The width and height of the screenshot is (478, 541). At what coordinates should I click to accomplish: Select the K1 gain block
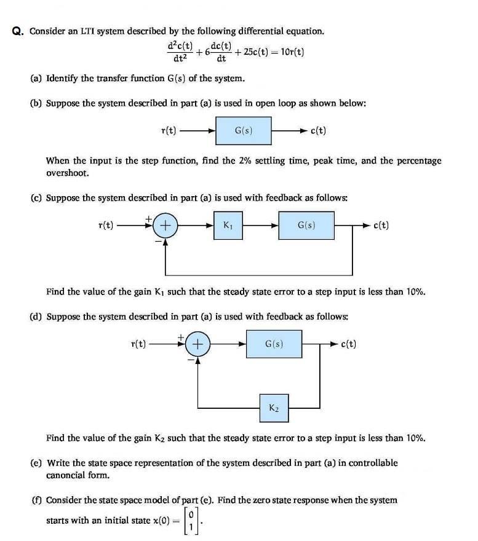228,226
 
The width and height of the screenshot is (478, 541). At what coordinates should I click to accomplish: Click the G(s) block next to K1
306,226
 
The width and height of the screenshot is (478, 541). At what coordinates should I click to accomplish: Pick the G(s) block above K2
274,344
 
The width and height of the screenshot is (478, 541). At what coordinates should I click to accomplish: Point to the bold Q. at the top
18,31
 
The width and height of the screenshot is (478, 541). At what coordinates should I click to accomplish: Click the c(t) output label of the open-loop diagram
318,131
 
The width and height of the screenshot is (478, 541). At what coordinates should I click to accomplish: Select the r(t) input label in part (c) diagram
106,226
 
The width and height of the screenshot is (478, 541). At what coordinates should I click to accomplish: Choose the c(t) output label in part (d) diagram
348,344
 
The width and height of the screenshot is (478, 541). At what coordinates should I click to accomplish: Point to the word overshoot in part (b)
68,173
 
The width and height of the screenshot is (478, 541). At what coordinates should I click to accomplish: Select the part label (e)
37,462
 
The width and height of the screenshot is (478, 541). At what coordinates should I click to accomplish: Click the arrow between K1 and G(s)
260,226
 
